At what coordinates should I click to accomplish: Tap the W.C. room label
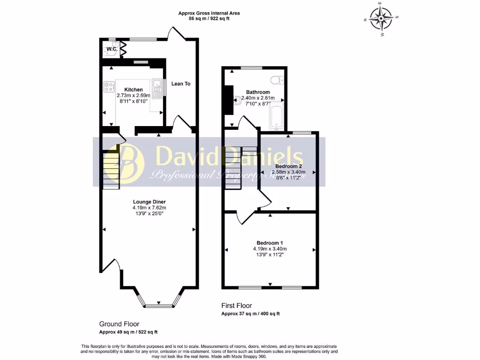[x=112, y=49]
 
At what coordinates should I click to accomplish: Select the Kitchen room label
[x=133, y=90]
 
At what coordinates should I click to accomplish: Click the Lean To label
[x=181, y=83]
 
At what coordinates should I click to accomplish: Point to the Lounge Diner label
[x=149, y=202]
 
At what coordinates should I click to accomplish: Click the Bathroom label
[x=258, y=92]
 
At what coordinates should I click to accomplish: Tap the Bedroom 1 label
[x=270, y=242]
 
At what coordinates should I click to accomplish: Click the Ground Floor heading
[x=119, y=324]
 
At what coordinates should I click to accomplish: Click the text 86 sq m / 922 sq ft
[x=209, y=19]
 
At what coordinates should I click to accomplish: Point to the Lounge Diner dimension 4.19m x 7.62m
[x=149, y=208]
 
